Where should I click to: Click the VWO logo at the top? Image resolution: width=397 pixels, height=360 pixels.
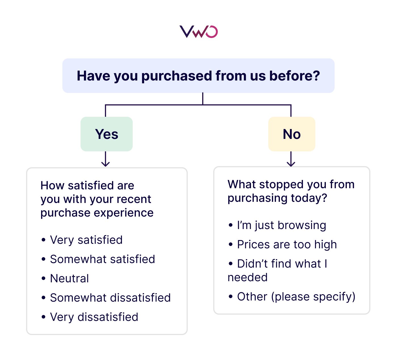tap(198, 31)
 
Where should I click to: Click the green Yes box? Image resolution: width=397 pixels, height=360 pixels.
tap(107, 134)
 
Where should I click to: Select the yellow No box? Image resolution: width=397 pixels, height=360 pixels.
tap(292, 134)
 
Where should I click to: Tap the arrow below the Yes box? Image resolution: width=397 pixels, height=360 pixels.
tap(105, 160)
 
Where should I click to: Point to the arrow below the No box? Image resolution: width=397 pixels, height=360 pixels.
tap(291, 160)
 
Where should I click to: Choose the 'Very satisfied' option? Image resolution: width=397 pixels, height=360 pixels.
tap(86, 240)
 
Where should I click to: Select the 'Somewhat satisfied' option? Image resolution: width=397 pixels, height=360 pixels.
tap(102, 259)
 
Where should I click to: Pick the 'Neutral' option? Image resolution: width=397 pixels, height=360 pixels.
tap(69, 278)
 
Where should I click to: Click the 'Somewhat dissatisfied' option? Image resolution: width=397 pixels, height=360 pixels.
tap(110, 298)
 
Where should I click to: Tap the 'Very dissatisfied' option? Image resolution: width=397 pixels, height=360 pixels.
tap(94, 317)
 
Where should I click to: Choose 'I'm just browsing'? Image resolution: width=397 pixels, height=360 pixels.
tap(282, 225)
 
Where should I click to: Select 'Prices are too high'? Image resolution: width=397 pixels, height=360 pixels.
tap(287, 244)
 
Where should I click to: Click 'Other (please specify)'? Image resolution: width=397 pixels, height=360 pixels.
tap(296, 297)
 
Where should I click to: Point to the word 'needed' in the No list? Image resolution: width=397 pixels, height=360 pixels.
tap(248, 277)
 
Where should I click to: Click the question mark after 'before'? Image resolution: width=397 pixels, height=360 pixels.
tap(316, 76)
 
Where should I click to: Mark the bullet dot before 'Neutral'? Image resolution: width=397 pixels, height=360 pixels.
tap(43, 279)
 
